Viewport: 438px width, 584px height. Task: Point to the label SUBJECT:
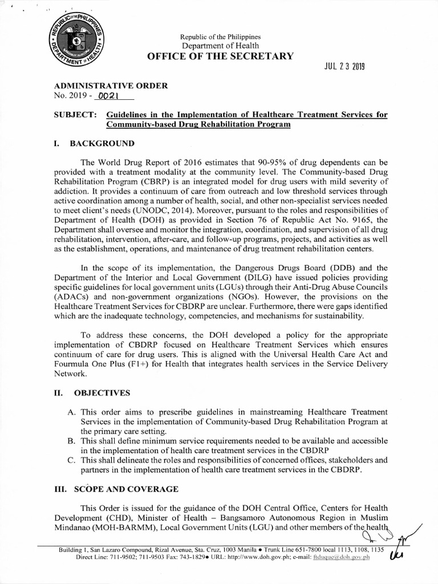72,115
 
